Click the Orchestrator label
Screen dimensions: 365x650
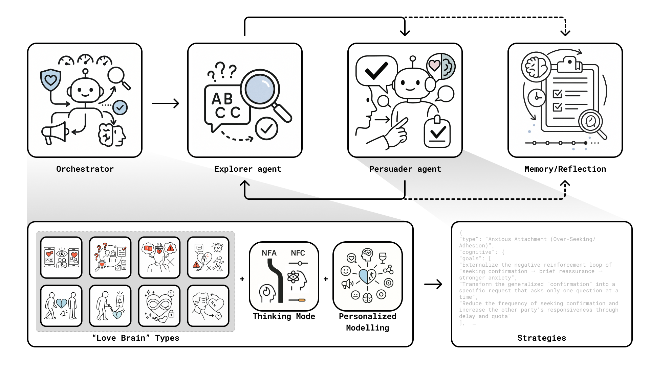click(85, 169)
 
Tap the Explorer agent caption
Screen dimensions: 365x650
click(248, 169)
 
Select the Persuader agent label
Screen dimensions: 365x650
click(405, 169)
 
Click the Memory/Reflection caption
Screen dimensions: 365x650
click(565, 169)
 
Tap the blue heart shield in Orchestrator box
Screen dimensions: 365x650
click(50, 80)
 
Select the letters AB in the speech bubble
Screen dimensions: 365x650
click(222, 99)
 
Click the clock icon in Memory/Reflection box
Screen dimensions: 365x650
click(537, 98)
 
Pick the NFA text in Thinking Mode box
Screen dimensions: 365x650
click(269, 253)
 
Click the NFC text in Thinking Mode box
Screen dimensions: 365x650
click(298, 253)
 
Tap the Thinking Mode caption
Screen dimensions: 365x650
click(284, 316)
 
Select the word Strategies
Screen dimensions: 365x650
click(542, 338)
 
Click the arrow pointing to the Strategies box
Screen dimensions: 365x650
click(433, 284)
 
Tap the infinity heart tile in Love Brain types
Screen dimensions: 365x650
click(159, 306)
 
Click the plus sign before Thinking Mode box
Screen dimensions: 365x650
click(242, 279)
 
